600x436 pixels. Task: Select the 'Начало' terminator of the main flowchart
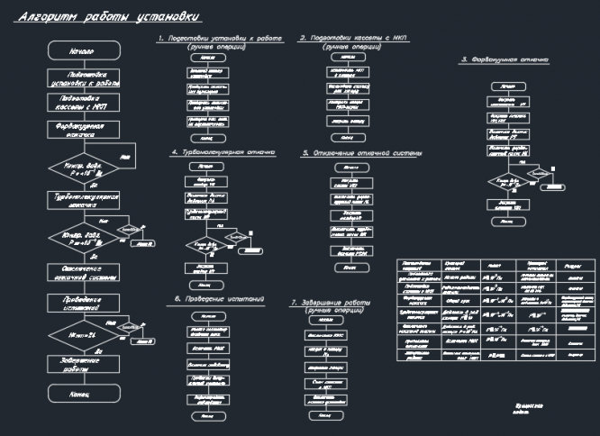pyautogui.click(x=81, y=52)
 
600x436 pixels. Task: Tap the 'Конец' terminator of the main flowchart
pyautogui.click(x=81, y=394)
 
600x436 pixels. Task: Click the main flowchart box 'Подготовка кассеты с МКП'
pyautogui.click(x=81, y=103)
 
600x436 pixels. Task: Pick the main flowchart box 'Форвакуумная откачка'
pyautogui.click(x=81, y=129)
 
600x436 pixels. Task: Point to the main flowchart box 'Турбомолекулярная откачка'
pyautogui.click(x=81, y=199)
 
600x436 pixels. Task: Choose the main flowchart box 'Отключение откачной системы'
pyautogui.click(x=81, y=274)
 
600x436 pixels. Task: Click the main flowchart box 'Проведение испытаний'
pyautogui.click(x=81, y=302)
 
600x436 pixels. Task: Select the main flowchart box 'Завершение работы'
pyautogui.click(x=81, y=364)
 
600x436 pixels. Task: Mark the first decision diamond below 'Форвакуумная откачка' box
pyautogui.click(x=81, y=169)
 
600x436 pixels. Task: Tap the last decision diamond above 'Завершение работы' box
pyautogui.click(x=81, y=334)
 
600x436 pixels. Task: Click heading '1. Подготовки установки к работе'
pyautogui.click(x=220, y=39)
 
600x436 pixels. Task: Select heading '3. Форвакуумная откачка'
pyautogui.click(x=505, y=59)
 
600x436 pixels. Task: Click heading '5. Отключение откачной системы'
pyautogui.click(x=361, y=153)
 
